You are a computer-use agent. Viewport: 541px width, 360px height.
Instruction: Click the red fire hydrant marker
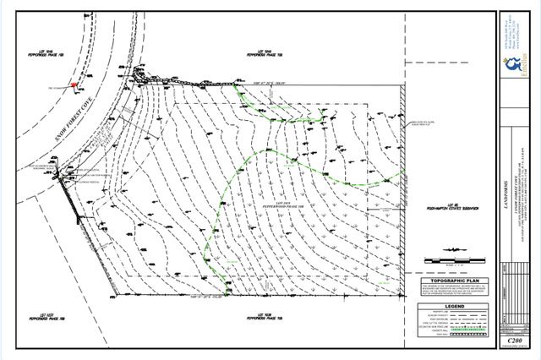click(74, 85)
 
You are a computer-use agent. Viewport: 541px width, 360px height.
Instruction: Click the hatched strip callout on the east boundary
click(423, 128)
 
